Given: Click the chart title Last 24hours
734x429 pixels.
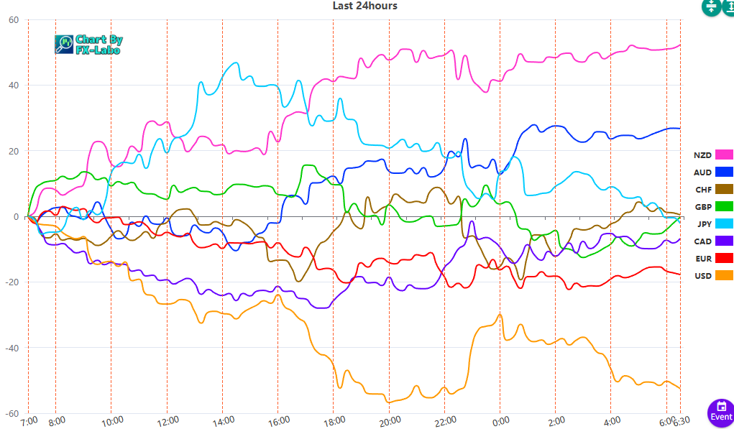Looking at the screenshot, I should click(x=364, y=6).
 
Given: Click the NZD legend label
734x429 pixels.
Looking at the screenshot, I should click(x=702, y=155).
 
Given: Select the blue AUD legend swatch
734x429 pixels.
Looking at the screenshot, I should click(x=724, y=172).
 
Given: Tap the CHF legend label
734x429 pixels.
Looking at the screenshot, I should click(x=702, y=190).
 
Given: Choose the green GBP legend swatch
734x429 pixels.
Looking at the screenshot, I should click(x=724, y=207).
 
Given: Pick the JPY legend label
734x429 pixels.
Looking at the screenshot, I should click(x=703, y=224).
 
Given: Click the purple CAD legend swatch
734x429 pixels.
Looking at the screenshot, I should click(x=724, y=241).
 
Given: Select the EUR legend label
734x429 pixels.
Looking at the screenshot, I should click(x=702, y=259).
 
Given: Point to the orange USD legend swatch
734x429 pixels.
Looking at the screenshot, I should click(x=724, y=276).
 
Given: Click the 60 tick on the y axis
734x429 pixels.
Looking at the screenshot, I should click(x=14, y=20).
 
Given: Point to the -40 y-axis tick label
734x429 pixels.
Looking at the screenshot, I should click(x=12, y=348).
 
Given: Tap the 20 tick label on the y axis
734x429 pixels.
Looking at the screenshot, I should click(x=14, y=151).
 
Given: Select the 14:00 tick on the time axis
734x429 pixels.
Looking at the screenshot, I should click(x=223, y=420).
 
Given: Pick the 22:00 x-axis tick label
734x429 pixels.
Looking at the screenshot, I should click(x=444, y=420).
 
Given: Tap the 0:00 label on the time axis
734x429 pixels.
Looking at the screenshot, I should click(x=500, y=420).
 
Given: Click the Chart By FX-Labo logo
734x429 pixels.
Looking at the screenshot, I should click(x=88, y=45).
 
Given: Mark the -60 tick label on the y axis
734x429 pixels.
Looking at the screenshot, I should click(x=12, y=413).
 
